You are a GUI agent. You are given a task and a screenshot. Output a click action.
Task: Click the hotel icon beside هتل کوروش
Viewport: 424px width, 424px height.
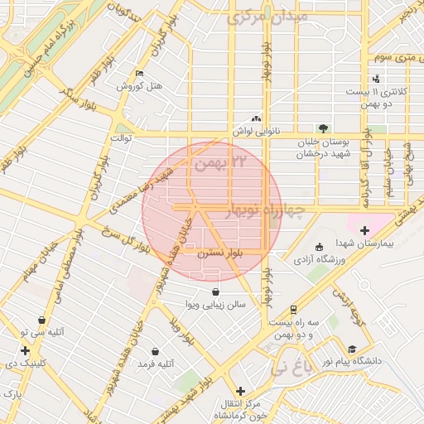pyautogui.click(x=138, y=74)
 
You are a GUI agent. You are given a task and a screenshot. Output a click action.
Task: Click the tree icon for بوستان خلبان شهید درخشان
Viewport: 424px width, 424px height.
pyautogui.click(x=322, y=128)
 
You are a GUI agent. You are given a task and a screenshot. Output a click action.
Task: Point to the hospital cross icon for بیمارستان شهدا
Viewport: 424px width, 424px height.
pyautogui.click(x=364, y=229)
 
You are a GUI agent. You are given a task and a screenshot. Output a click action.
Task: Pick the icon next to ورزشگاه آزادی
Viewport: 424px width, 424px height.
pyautogui.click(x=320, y=247)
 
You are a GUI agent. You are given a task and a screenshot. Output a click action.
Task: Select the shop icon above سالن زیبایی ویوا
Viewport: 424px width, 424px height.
pyautogui.click(x=216, y=291)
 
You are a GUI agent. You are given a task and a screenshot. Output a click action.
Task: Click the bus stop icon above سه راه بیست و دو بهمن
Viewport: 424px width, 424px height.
pyautogui.click(x=294, y=309)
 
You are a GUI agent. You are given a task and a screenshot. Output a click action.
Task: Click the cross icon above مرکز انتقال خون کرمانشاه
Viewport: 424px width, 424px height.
pyautogui.click(x=240, y=391)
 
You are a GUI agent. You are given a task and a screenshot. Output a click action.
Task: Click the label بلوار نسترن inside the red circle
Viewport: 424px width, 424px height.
pyautogui.click(x=214, y=257)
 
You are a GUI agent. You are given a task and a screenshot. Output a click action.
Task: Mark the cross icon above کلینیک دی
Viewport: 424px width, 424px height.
pyautogui.click(x=26, y=350)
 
